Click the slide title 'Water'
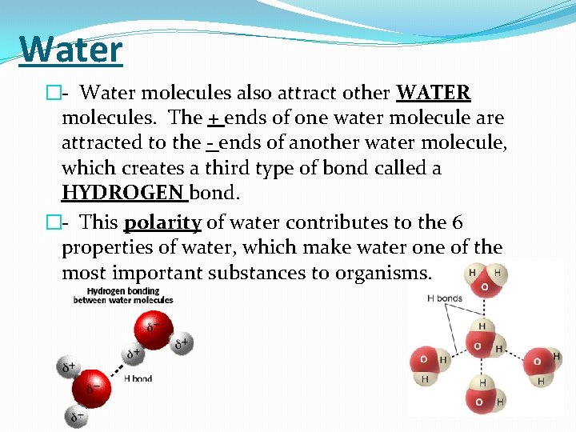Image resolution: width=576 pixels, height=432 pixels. [x=70, y=49]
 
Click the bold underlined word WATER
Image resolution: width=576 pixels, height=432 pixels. [x=434, y=93]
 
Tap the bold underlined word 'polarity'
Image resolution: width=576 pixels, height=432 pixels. [x=162, y=222]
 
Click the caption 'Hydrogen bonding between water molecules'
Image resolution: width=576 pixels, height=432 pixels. [x=123, y=295]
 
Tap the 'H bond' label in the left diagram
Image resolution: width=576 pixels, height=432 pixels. [x=138, y=378]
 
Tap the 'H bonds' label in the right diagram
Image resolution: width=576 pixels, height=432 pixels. [x=444, y=298]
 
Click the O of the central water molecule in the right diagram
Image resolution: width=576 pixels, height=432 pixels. [x=478, y=346]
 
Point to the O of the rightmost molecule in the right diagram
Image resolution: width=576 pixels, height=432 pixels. [x=538, y=361]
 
